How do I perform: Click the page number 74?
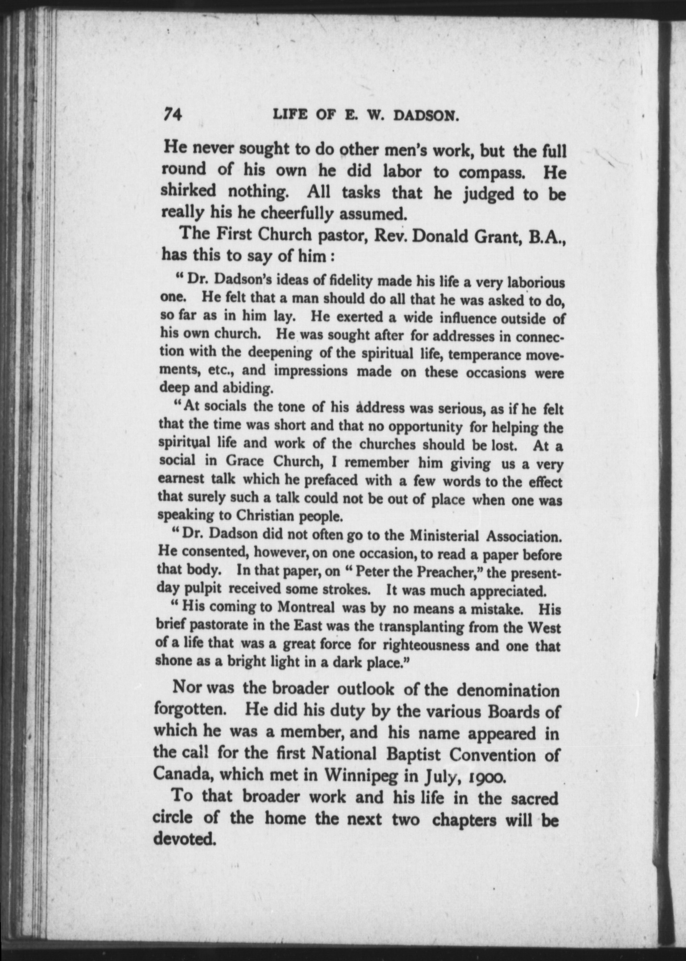click(x=172, y=115)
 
